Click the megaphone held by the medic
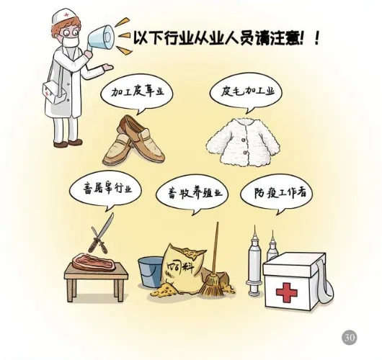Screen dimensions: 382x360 [x=100, y=38]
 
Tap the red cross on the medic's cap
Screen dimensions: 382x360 [x=66, y=15]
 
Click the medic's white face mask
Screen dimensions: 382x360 [x=69, y=42]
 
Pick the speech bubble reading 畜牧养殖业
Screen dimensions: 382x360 [x=192, y=194]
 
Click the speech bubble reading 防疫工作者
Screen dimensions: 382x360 [x=277, y=194]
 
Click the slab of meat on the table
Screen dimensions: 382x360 [x=93, y=261]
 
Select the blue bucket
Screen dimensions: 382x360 [x=149, y=272]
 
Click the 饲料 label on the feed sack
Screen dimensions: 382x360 [x=180, y=269]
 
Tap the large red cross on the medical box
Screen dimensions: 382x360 [x=287, y=292]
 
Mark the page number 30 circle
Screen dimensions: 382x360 [x=350, y=338]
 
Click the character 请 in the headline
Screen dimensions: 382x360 [x=261, y=38]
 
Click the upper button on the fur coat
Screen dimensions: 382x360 [x=243, y=140]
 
